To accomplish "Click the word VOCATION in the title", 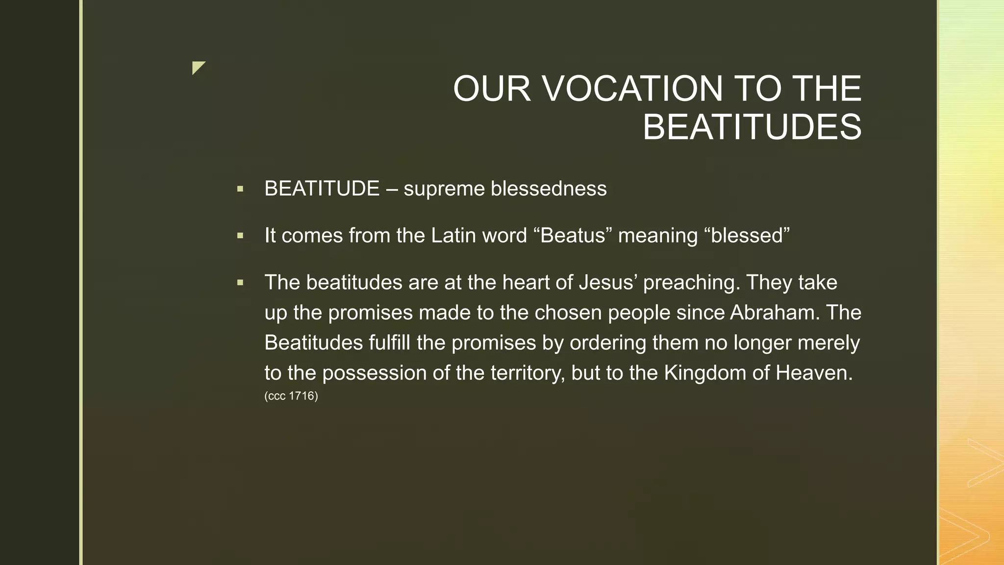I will coord(632,89).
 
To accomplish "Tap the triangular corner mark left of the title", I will coord(198,67).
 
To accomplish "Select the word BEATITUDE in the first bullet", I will coord(322,189).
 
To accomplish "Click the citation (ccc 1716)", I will coord(291,396).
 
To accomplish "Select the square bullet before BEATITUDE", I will coord(240,189).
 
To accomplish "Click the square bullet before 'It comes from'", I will coord(240,236).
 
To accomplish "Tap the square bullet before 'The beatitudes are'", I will coord(240,282).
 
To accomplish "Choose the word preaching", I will coord(691,283).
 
